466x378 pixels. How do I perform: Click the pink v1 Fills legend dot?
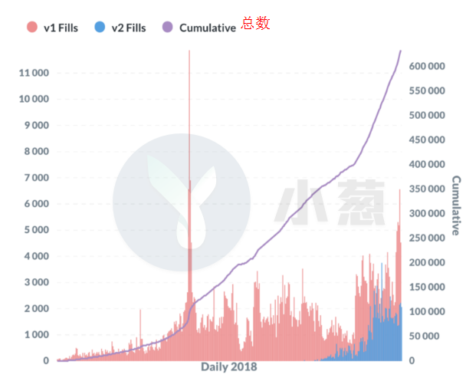[x=31, y=27]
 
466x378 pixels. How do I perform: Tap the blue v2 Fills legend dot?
[x=100, y=27]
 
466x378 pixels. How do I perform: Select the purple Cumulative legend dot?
[x=168, y=27]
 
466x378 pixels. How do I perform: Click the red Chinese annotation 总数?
[x=255, y=23]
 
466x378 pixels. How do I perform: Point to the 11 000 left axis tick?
[x=34, y=73]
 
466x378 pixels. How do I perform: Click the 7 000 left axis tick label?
[x=37, y=178]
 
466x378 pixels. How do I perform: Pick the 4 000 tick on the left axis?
[x=37, y=256]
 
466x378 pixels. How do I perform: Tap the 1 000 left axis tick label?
[x=37, y=334]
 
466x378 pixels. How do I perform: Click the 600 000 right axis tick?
[x=427, y=66]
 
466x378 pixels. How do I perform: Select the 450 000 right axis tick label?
[x=427, y=140]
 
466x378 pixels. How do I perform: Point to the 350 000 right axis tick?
[x=427, y=189]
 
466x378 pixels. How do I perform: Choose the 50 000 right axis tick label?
[x=424, y=336]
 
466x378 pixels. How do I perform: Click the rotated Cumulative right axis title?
[x=456, y=205]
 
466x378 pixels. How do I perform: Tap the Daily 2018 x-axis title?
[x=229, y=366]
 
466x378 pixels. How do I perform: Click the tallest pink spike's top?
[x=189, y=51]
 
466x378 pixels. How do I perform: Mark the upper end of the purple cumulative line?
[x=401, y=51]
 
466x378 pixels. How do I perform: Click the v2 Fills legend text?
[x=129, y=28]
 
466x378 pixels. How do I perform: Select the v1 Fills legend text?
[x=61, y=28]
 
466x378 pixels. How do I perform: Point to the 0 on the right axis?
[x=412, y=360]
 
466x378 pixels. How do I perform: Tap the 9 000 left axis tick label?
[x=37, y=125]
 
